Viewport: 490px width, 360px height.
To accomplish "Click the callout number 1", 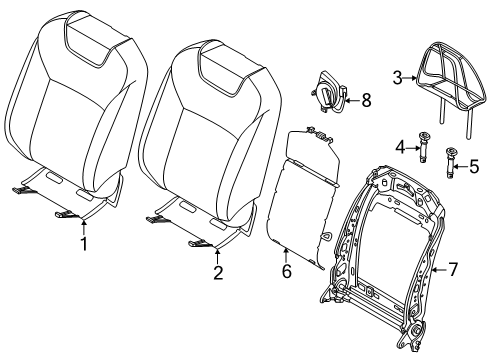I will [84, 244].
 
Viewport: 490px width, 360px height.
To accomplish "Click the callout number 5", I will [474, 166].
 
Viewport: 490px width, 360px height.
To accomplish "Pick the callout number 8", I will [366, 100].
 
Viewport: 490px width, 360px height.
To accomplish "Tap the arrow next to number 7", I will [440, 268].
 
